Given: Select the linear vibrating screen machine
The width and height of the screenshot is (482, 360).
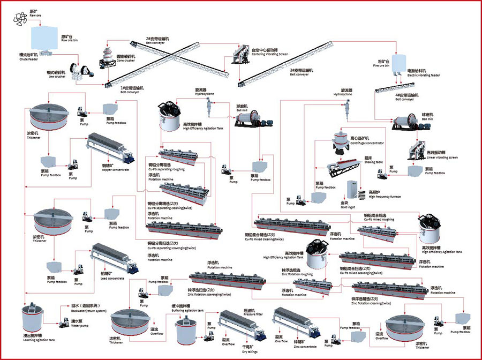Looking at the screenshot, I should click(419, 152).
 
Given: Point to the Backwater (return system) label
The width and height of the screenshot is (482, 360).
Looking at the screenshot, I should click(89, 310).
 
